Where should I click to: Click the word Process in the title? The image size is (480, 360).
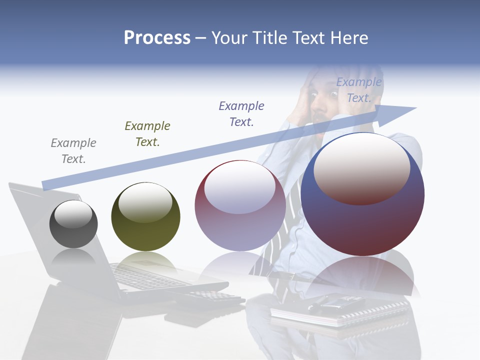[x=157, y=38]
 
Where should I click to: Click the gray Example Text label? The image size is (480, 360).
[x=73, y=151]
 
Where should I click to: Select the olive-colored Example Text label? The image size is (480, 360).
[x=147, y=134]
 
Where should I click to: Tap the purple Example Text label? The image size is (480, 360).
[x=241, y=114]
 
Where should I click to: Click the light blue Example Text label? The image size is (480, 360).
[x=358, y=90]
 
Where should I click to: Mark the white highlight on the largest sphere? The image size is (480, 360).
[x=361, y=167]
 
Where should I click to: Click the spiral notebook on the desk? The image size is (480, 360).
[x=340, y=312]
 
